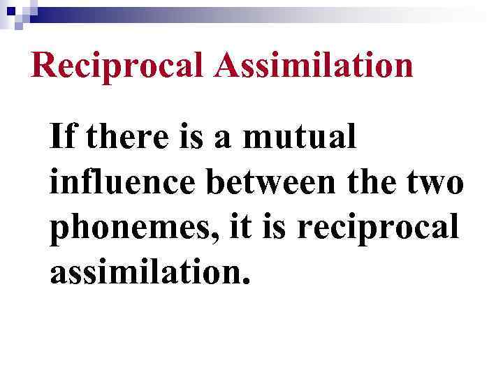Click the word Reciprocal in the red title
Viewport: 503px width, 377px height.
tap(118, 66)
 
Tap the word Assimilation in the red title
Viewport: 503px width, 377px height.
tap(314, 65)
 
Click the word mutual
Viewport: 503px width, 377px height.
tap(299, 138)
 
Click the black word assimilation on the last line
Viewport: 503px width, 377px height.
tap(143, 274)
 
